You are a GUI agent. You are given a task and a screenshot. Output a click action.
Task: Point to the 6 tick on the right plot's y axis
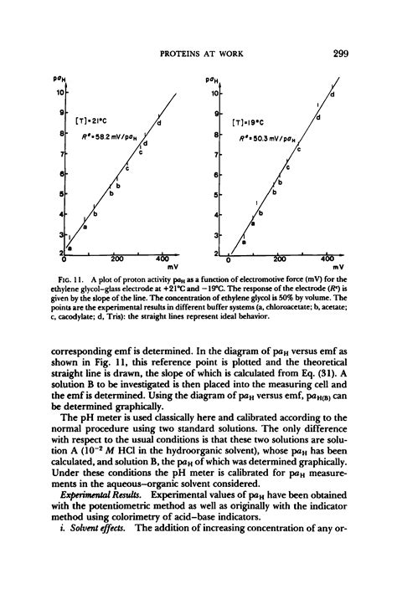pos(219,174)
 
